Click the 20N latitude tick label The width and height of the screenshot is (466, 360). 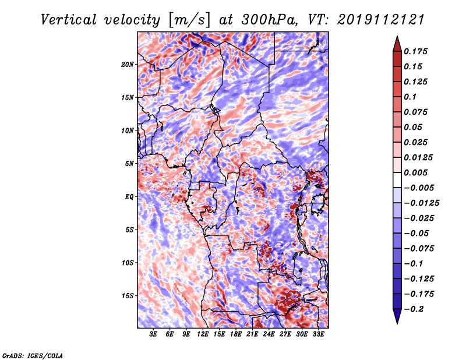coord(127,64)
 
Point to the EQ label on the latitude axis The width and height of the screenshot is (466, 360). coord(129,197)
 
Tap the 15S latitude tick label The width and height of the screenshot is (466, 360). coord(127,296)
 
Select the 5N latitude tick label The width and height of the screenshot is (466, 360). coord(129,164)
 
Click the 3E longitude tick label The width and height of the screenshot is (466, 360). coord(153,334)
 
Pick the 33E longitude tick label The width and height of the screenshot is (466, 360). coord(318,334)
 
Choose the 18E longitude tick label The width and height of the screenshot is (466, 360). coord(236,334)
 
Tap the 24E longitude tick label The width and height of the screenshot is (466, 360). coord(269,334)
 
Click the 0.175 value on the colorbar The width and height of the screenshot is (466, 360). coord(415,51)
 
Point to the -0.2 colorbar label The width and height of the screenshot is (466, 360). coord(414,309)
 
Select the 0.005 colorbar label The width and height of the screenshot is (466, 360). coord(415,172)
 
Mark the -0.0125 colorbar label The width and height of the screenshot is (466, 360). coord(421,203)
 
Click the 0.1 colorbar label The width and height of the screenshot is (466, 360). coord(410,97)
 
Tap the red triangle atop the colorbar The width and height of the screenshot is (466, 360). coord(397,44)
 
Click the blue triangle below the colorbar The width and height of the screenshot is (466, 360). coord(397,316)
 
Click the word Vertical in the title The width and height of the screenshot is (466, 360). coord(69,20)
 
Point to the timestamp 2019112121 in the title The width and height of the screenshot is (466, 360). coord(380,20)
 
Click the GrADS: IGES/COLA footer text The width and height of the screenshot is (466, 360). coord(33,355)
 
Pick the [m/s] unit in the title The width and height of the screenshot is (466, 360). coord(189,20)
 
